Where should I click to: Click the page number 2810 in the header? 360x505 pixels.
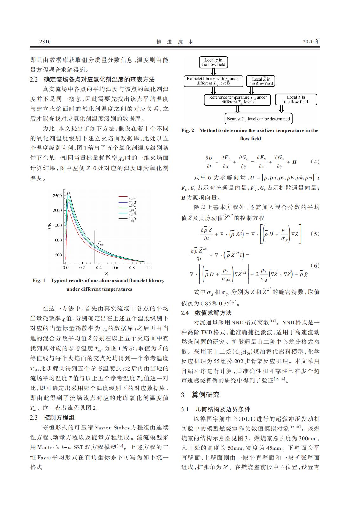tap(45, 42)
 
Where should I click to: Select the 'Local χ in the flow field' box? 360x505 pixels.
tap(213, 62)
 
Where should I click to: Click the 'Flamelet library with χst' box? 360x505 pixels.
tap(213, 81)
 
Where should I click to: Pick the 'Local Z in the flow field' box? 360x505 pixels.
tap(261, 81)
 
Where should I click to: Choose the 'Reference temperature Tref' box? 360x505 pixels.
tap(238, 100)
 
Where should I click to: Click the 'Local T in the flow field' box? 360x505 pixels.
tap(296, 100)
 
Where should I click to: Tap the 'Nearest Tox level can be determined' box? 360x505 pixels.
tap(258, 119)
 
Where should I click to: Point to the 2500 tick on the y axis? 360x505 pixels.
tap(57, 196)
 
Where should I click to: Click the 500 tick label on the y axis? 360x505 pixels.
tap(58, 255)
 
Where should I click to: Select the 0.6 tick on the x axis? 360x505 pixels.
tap(115, 268)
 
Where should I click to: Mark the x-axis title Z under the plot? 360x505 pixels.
tap(106, 273)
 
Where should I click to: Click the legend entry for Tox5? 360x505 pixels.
tap(132, 219)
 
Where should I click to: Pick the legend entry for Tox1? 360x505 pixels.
tap(132, 197)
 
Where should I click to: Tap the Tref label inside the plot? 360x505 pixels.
tap(100, 244)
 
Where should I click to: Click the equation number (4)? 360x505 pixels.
tap(315, 162)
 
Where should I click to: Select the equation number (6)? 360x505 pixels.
tap(315, 265)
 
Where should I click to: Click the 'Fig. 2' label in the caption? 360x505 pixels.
tap(188, 130)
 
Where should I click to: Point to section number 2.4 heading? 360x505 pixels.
tap(185, 313)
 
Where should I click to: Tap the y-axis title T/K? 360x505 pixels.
tap(49, 227)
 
